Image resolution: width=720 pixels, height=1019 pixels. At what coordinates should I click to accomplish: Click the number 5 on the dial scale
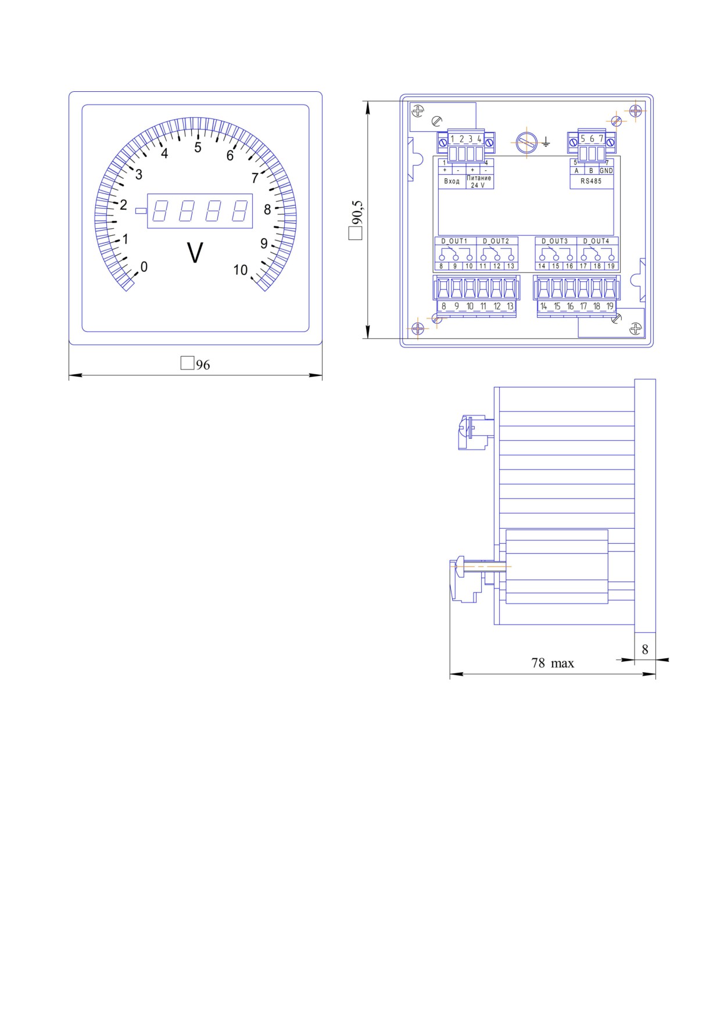pos(198,148)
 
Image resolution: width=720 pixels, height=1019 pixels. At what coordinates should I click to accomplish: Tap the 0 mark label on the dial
pos(144,267)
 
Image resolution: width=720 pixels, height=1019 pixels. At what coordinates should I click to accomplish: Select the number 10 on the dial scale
pos(241,270)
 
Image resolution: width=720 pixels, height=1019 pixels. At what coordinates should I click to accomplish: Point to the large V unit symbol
pos(195,253)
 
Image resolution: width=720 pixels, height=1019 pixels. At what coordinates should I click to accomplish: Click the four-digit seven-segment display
pos(200,210)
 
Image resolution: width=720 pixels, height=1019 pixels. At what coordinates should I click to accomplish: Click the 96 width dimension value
pos(203,365)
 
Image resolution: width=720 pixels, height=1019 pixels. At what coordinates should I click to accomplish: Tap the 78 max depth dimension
pos(553,663)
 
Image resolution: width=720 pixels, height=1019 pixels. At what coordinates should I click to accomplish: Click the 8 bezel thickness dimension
pos(645,650)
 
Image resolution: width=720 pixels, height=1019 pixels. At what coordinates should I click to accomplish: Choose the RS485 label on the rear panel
pos(591,181)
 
